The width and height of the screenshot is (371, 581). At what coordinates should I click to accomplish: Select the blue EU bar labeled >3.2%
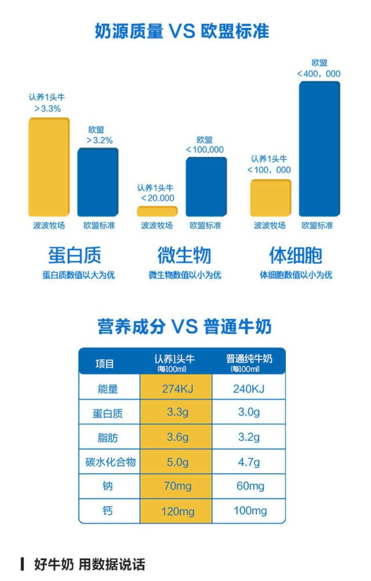(x=98, y=182)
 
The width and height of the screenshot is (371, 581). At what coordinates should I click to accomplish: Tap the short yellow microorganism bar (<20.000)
(x=157, y=211)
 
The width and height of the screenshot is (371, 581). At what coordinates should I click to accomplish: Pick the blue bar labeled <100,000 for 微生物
(x=206, y=187)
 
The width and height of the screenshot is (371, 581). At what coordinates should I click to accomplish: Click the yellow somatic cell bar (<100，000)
(x=270, y=198)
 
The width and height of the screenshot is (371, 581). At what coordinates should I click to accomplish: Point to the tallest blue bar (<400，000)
(x=319, y=149)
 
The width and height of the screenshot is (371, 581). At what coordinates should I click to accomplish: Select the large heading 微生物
(x=184, y=255)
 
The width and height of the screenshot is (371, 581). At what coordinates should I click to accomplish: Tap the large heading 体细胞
(x=295, y=255)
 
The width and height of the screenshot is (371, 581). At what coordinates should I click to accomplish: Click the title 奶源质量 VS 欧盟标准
(x=182, y=32)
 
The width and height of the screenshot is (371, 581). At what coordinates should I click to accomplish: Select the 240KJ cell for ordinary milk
(x=249, y=389)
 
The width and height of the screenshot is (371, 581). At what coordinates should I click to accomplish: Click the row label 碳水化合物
(x=110, y=462)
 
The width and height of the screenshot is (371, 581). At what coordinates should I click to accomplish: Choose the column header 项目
(x=105, y=364)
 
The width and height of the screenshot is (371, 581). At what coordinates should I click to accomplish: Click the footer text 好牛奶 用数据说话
(x=89, y=564)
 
